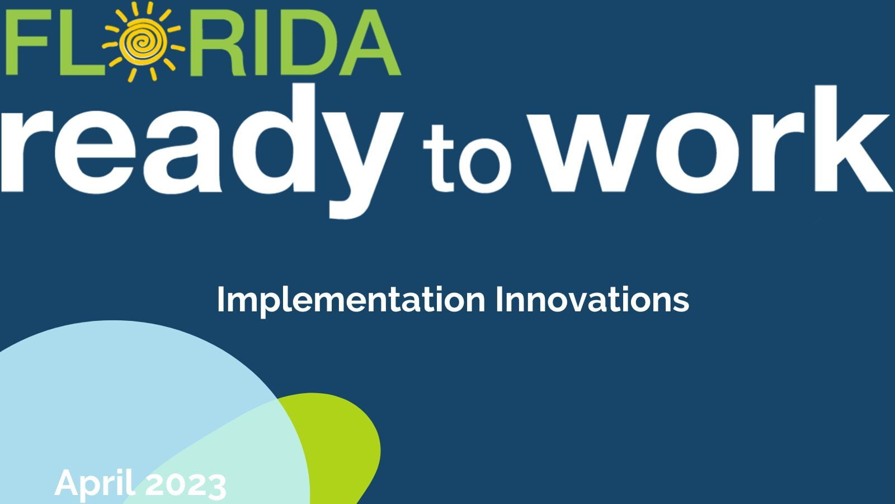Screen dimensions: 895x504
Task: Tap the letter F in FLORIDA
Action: coord(27,42)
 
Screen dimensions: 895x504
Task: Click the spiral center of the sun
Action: coord(140,41)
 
